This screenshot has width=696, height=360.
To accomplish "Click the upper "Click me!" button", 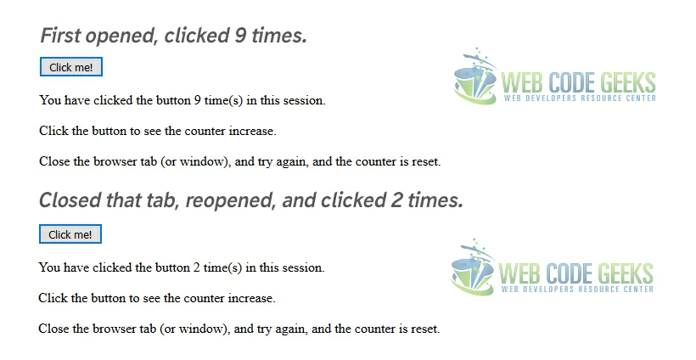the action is click(71, 67).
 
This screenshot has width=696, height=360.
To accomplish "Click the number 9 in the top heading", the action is click(240, 35).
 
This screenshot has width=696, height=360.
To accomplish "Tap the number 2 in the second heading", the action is click(396, 200).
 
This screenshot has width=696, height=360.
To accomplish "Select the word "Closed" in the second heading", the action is click(70, 200).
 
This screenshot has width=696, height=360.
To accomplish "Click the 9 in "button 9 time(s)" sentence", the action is click(198, 100).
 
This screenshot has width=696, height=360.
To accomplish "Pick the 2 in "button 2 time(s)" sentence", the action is click(197, 267).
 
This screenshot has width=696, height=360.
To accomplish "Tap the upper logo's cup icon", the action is click(475, 76).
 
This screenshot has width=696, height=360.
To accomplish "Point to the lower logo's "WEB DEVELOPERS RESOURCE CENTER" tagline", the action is click(577, 290).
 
